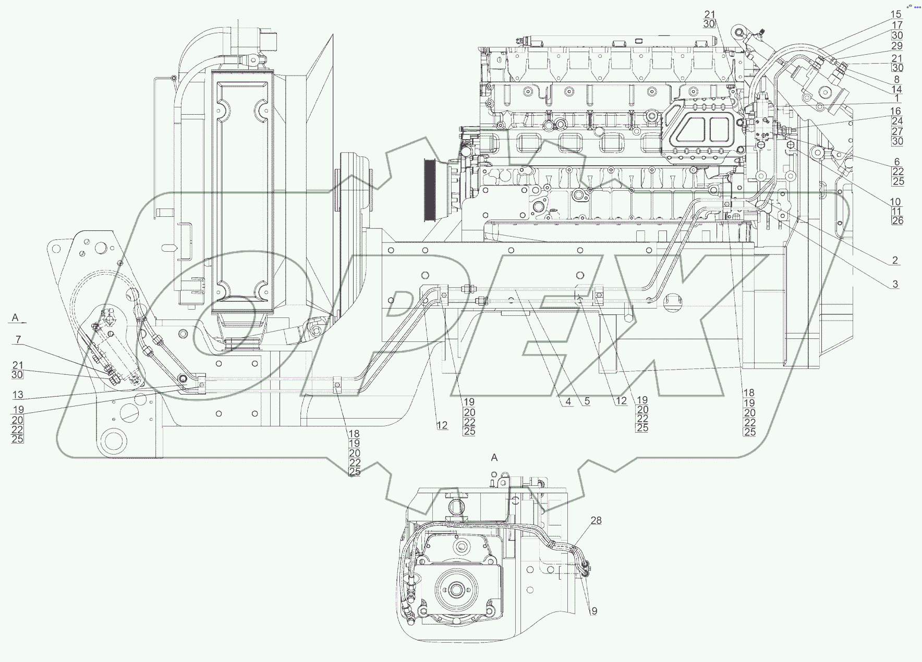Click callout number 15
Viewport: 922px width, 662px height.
(896, 15)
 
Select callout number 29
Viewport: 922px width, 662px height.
(896, 46)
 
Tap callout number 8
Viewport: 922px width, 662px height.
(896, 79)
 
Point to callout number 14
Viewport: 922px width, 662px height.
(896, 89)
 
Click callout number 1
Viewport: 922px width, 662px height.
(896, 99)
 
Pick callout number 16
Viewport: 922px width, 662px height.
(895, 111)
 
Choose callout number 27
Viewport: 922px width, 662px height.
(897, 131)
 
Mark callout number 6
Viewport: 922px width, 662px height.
(897, 162)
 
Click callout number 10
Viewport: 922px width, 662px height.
(895, 202)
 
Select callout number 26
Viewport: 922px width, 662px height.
(897, 221)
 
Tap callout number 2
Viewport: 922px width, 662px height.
(895, 260)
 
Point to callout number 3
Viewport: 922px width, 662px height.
(895, 284)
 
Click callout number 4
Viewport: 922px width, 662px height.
(568, 402)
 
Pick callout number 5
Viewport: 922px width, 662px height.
(587, 402)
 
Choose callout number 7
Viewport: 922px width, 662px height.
(18, 340)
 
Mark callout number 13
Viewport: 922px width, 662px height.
(18, 395)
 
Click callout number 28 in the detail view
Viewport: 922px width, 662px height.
(596, 520)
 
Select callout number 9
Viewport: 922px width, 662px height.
(594, 611)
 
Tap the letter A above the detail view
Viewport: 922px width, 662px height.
(494, 458)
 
